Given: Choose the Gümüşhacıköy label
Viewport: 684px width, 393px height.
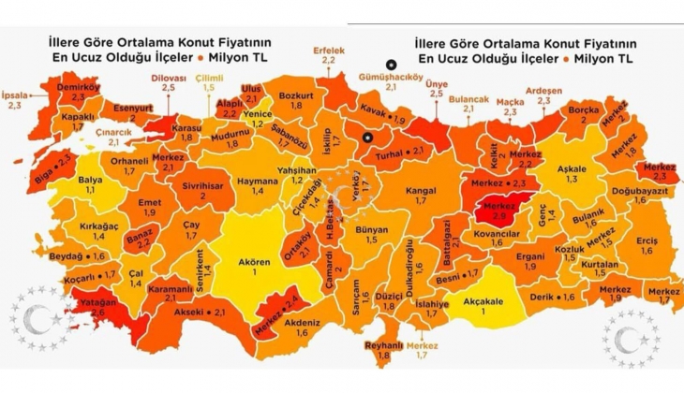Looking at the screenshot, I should pyautogui.click(x=383, y=75).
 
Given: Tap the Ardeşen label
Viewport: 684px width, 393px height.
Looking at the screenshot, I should pyautogui.click(x=543, y=91).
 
